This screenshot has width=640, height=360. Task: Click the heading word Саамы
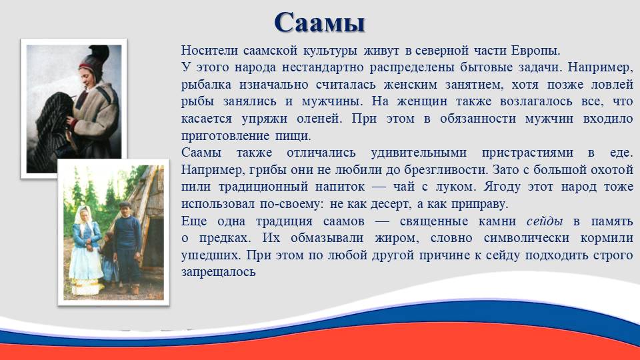[319, 23]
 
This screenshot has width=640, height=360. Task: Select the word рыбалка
[206, 85]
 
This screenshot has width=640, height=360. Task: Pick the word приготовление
[225, 135]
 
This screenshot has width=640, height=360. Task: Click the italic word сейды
[545, 221]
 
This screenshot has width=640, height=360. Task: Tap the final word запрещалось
[219, 272]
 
